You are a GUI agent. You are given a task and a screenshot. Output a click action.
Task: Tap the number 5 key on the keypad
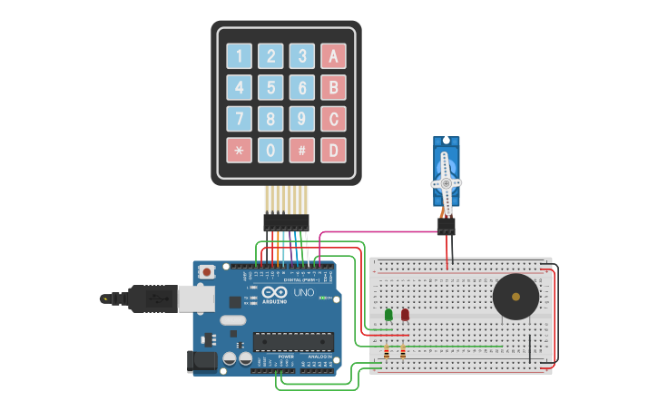pos(270,87)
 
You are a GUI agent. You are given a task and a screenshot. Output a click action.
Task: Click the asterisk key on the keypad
pos(239,150)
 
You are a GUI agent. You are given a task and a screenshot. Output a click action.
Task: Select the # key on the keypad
pos(302,150)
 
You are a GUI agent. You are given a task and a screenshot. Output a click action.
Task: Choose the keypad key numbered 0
pos(270,150)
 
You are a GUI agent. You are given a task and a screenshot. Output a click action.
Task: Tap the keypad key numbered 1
pos(239,56)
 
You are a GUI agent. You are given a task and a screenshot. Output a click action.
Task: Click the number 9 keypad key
pos(302,119)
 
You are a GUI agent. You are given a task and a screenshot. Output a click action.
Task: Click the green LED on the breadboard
pos(388,315)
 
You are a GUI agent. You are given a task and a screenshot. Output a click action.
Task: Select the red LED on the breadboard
pos(405,315)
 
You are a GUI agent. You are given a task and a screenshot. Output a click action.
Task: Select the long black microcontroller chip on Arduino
pos(293,341)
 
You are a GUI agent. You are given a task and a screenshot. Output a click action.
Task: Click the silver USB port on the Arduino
pos(192,297)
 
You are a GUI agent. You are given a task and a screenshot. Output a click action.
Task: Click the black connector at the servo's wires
pos(446,226)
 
